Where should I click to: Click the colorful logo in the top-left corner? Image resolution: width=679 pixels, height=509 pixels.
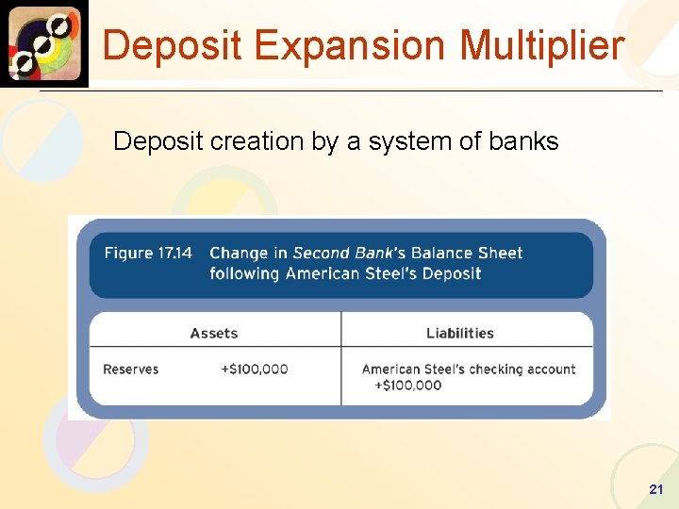pyautogui.click(x=44, y=43)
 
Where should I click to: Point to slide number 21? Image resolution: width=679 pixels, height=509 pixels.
pyautogui.click(x=656, y=489)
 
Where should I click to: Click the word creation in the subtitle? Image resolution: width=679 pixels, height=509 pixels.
pyautogui.click(x=246, y=141)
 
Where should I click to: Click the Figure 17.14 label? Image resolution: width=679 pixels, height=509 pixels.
pyautogui.click(x=148, y=253)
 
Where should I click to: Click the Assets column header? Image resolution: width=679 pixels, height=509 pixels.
pyautogui.click(x=214, y=333)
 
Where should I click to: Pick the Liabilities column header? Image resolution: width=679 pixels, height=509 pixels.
pyautogui.click(x=460, y=333)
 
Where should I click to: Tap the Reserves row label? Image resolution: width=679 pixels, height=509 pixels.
pyautogui.click(x=131, y=369)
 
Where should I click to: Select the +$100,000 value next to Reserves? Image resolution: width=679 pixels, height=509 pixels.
pyautogui.click(x=255, y=369)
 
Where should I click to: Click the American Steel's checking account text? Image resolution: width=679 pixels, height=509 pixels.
pyautogui.click(x=469, y=369)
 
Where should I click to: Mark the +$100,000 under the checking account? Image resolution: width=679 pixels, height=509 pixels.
pyautogui.click(x=408, y=385)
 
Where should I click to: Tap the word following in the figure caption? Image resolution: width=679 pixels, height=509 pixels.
pyautogui.click(x=245, y=273)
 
